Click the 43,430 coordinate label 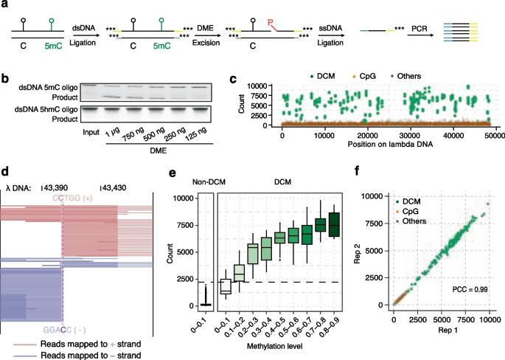click(x=111, y=187)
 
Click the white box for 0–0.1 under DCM click(x=226, y=286)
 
